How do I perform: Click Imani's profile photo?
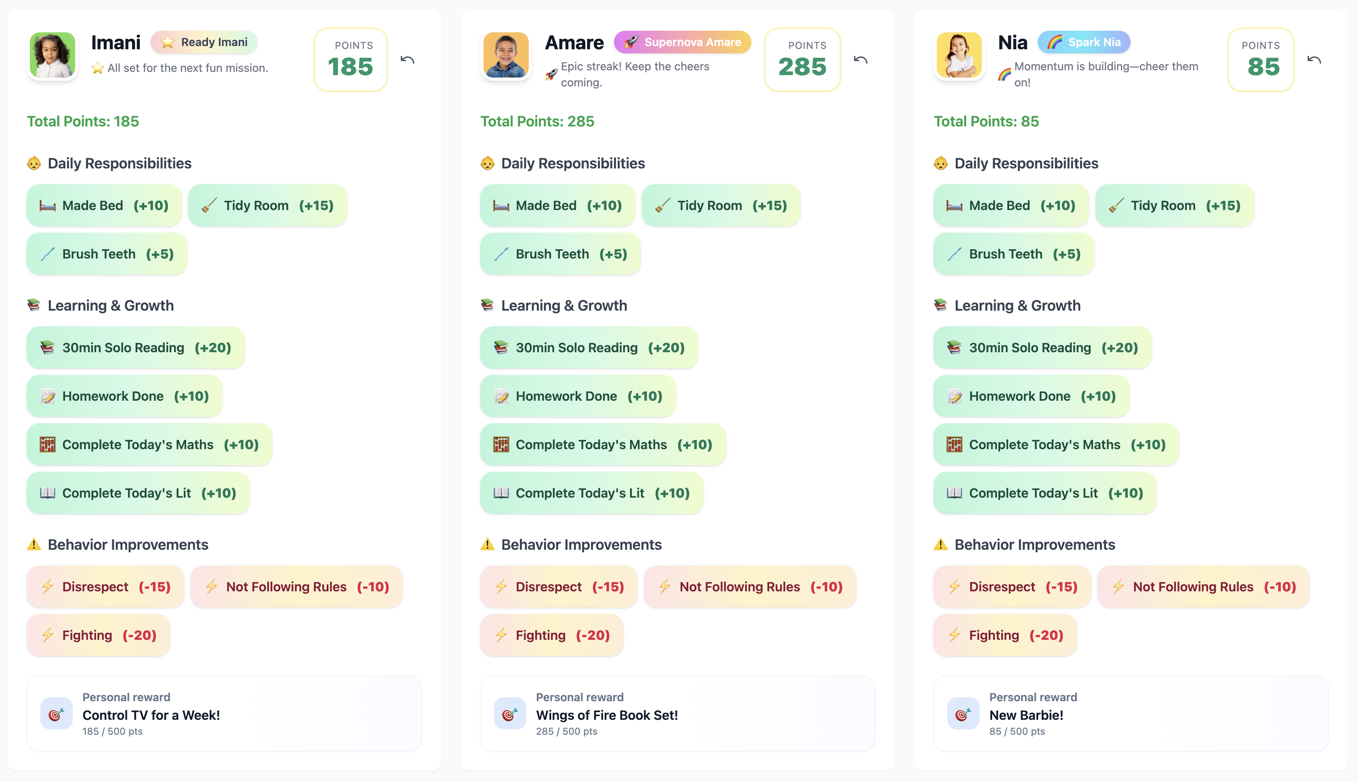pos(52,55)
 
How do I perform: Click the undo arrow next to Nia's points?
pos(1314,60)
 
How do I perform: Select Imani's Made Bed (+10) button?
pos(104,206)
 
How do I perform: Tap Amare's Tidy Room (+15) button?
pos(721,206)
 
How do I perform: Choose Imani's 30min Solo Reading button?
pos(135,347)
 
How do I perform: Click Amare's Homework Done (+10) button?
pos(578,396)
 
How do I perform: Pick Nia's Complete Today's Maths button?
pos(1056,445)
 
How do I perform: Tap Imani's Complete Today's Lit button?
pos(138,493)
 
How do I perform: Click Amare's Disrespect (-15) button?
pos(559,587)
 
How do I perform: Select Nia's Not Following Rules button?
pos(1203,587)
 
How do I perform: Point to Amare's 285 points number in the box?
pos(802,67)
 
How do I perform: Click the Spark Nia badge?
pos(1084,42)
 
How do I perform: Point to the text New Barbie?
pos(1026,715)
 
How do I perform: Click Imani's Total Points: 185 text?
pos(83,122)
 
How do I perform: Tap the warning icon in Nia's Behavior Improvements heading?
pos(940,544)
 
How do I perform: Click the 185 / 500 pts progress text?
pos(112,732)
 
